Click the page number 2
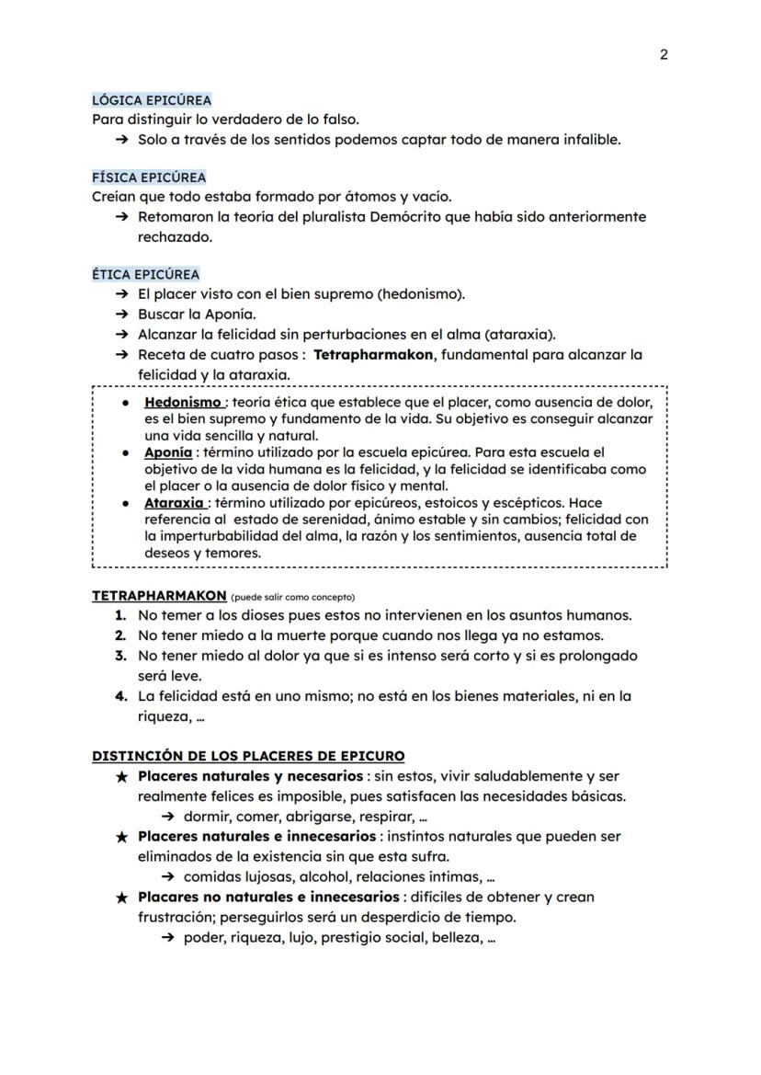pos(664,54)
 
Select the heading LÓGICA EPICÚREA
pos(152,99)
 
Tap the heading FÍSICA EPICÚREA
pos(149,177)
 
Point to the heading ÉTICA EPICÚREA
pos(145,274)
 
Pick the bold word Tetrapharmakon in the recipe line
pos(372,354)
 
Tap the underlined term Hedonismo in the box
pos(182,403)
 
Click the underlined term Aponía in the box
pos(168,452)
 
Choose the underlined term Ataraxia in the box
pos(174,503)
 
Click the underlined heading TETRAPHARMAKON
pos(158,595)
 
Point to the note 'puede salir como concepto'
pos(292,597)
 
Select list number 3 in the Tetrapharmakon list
pos(120,656)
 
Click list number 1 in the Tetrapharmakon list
pos(120,615)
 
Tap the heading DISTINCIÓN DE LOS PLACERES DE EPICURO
pos(248,756)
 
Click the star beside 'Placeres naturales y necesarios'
pos(122,776)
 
